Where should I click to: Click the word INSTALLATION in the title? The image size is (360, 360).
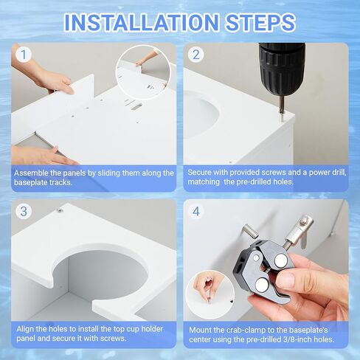(x=141, y=22)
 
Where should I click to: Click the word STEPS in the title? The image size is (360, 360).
(x=260, y=22)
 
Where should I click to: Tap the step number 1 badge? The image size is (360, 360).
(x=24, y=55)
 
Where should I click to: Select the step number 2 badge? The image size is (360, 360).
(x=196, y=55)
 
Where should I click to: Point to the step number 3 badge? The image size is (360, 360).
(x=24, y=211)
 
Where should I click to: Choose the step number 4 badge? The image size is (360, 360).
(x=196, y=211)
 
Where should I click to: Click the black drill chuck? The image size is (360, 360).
(x=282, y=69)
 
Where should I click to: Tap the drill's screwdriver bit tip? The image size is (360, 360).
(x=282, y=120)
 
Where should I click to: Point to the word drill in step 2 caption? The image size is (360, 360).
(x=339, y=173)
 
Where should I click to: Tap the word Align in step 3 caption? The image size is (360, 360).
(x=25, y=329)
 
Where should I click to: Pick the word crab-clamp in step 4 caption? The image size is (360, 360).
(x=246, y=330)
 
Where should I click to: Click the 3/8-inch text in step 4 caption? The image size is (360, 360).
(x=285, y=339)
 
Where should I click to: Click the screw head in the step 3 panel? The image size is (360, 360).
(x=59, y=210)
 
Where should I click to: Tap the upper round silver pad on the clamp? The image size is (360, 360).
(x=281, y=260)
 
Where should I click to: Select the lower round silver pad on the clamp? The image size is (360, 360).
(x=261, y=285)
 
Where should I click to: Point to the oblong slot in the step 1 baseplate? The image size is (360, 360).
(x=136, y=107)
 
